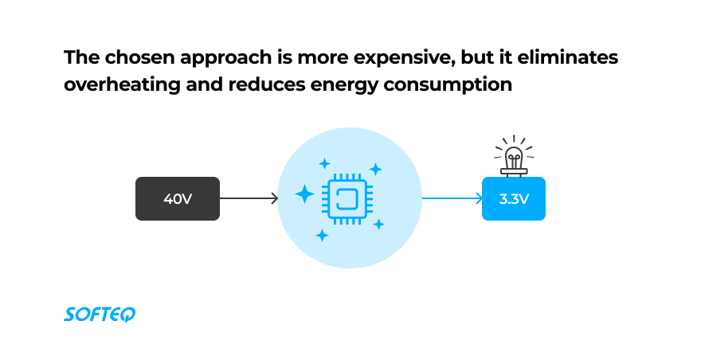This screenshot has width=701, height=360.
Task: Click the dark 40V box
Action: (x=178, y=198)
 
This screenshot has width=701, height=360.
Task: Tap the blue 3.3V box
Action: (x=514, y=198)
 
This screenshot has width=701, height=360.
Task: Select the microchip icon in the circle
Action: (x=348, y=199)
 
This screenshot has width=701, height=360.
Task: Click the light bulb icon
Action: (x=514, y=156)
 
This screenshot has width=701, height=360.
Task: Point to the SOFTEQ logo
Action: (x=100, y=315)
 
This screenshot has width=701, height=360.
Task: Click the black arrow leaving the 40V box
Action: (x=249, y=198)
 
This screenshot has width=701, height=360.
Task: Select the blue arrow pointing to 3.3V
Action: (x=452, y=198)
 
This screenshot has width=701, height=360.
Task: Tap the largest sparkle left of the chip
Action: (x=305, y=194)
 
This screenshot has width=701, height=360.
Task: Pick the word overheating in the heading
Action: (x=122, y=84)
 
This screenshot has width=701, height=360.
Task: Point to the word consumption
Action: (x=448, y=85)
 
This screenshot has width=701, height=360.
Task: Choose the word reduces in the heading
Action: (x=266, y=84)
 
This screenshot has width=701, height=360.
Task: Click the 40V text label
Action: (x=178, y=198)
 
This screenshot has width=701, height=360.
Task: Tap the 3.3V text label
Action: (x=514, y=198)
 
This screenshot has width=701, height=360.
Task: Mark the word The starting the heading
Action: (x=82, y=57)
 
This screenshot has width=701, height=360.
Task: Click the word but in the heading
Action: (x=477, y=57)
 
